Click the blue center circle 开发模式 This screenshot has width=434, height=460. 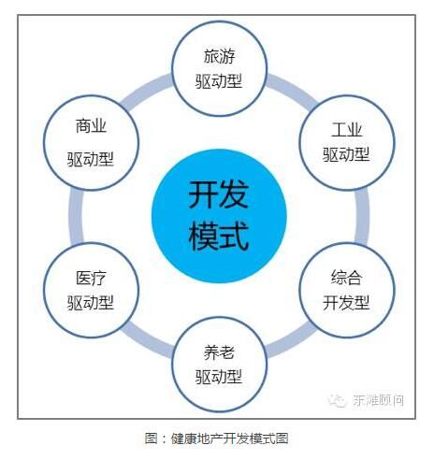pos(219,216)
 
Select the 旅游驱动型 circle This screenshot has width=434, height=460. pos(219,68)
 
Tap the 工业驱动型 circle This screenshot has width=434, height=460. pos(347,142)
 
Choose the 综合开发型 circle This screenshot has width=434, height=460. pos(347,290)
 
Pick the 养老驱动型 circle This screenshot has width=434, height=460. pos(219,365)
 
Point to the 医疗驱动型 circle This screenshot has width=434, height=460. pos(91,290)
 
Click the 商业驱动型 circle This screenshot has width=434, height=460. pos(91,142)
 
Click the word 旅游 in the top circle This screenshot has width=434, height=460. pos(219,56)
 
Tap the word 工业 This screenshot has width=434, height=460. pos(347,130)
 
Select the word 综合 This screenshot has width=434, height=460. pos(347,278)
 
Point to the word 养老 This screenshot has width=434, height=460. pos(219,352)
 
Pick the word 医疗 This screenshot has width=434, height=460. pos(91,278)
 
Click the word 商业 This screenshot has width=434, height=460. pos(91,126)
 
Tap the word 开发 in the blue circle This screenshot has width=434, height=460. pos(219,194)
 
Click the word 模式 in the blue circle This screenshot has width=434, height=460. pos(219,236)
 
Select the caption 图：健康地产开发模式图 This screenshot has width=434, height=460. pos(216,438)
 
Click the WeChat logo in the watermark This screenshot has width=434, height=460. pos(337,400)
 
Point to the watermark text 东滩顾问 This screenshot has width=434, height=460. pos(378,400)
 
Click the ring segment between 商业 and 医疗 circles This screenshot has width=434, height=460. pos(77,216)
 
